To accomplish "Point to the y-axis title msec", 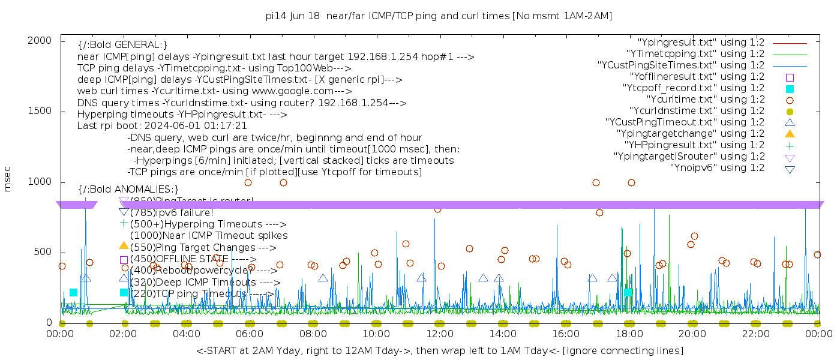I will pos(7,181).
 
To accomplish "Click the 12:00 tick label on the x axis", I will pos(439,334).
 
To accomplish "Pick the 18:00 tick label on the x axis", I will pos(629,334).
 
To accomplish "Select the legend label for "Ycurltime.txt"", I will pos(705,100).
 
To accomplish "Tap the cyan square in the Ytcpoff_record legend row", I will pos(790,89).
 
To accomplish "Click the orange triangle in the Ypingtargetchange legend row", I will pos(790,134).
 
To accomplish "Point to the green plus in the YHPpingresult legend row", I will pos(790,145).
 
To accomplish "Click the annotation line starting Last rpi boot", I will pos(162,126).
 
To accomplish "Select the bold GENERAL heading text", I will pos(122,45).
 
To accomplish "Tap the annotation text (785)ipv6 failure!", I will pos(172,212).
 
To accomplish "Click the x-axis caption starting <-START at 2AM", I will pos(439,350).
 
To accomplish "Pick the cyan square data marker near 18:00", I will pos(628,292).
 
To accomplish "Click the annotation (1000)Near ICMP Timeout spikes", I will pos(209,236).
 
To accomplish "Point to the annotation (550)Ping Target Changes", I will pos(203,247).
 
